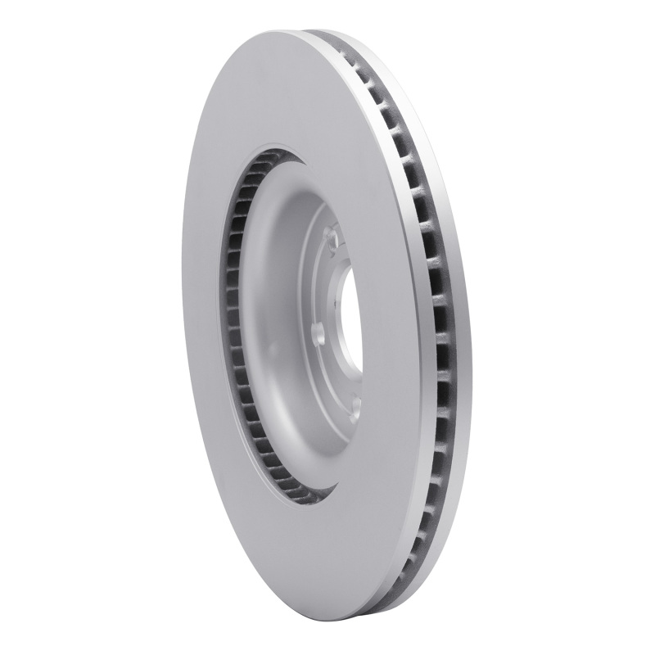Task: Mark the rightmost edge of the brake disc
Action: [x=472, y=327]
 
